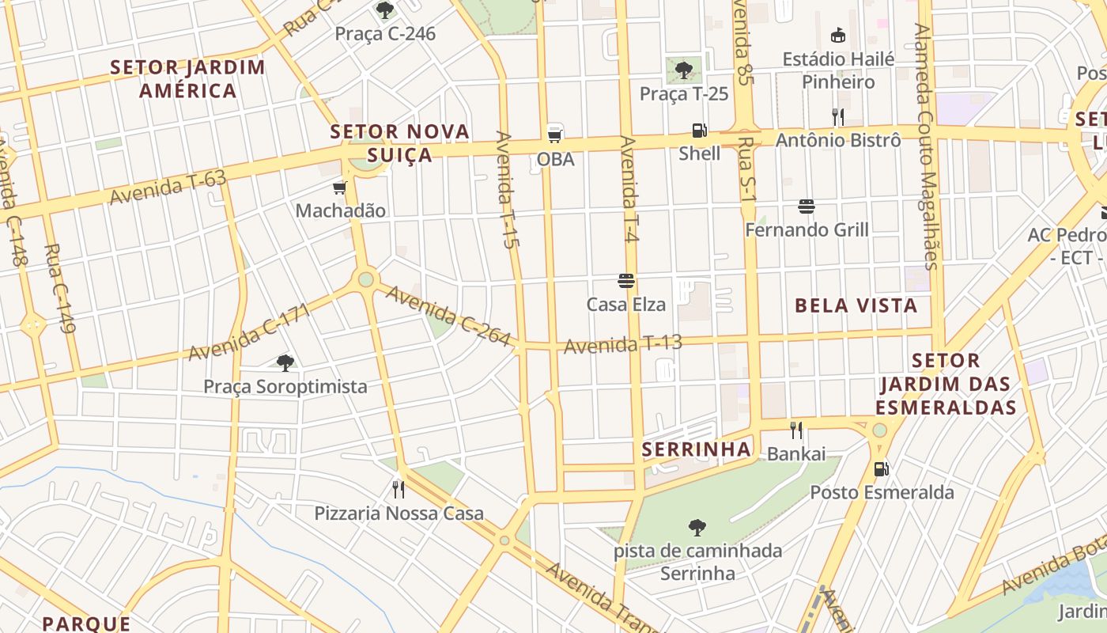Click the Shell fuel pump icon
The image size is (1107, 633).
point(699,131)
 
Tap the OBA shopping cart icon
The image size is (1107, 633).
point(555,135)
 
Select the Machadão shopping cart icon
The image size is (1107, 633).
point(340,188)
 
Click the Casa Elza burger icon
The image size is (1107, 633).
point(626,281)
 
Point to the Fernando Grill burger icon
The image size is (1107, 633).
point(807,207)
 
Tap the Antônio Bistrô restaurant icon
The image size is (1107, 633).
point(838,117)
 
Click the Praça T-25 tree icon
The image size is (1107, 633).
point(684,70)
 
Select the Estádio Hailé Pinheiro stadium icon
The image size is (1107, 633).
point(838,36)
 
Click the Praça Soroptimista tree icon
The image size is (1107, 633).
point(285,363)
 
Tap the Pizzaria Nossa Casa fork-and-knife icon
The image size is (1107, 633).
point(399,490)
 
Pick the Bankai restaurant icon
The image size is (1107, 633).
point(796,430)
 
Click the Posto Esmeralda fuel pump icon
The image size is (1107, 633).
point(881,469)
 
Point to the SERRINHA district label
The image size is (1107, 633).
point(696,449)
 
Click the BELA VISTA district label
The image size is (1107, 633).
point(856,305)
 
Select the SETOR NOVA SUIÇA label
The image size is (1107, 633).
point(400,142)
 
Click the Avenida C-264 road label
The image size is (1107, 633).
point(448,316)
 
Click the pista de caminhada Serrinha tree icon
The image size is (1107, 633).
point(697,527)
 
